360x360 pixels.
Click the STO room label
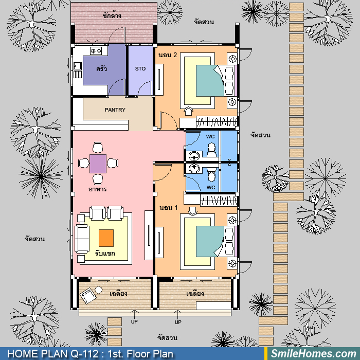point(140,68)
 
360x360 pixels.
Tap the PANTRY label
point(115,110)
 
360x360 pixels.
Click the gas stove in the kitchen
point(96,51)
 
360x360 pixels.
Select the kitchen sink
point(77,66)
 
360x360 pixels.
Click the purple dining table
point(98,164)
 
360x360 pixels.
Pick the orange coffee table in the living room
point(106,238)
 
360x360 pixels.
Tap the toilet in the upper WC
point(211,149)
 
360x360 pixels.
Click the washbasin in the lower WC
point(194,169)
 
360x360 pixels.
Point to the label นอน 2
point(168,55)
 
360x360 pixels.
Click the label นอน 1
point(169,208)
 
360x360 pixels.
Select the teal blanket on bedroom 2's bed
point(210,81)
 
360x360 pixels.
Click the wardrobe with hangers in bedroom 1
point(218,200)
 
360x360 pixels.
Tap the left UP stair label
point(134,321)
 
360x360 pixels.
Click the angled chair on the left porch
point(88,296)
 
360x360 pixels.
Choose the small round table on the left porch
point(99,290)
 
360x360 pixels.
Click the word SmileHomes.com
point(313,353)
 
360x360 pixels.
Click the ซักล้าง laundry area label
point(112,15)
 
